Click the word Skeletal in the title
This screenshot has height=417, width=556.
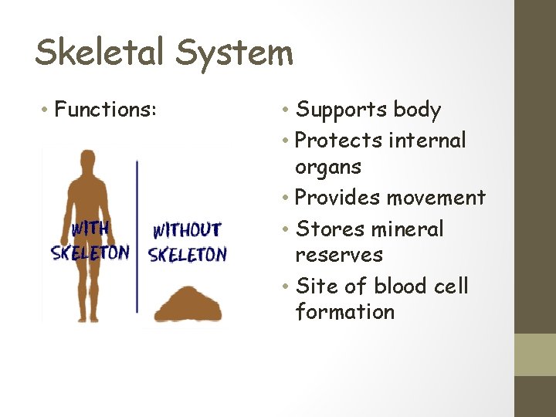click(x=100, y=53)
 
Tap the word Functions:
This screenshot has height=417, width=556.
click(x=106, y=110)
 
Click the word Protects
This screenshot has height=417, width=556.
click(x=339, y=141)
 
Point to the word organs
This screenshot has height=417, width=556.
click(x=328, y=168)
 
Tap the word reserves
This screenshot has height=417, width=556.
click(x=339, y=255)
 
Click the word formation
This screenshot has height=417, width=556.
click(x=344, y=312)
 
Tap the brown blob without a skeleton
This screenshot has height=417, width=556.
click(x=188, y=304)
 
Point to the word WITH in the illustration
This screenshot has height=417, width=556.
click(x=90, y=229)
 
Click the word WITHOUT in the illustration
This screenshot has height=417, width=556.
click(x=187, y=230)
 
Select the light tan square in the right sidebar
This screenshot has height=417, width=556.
click(x=535, y=354)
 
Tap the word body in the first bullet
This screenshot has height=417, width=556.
click(x=417, y=110)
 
